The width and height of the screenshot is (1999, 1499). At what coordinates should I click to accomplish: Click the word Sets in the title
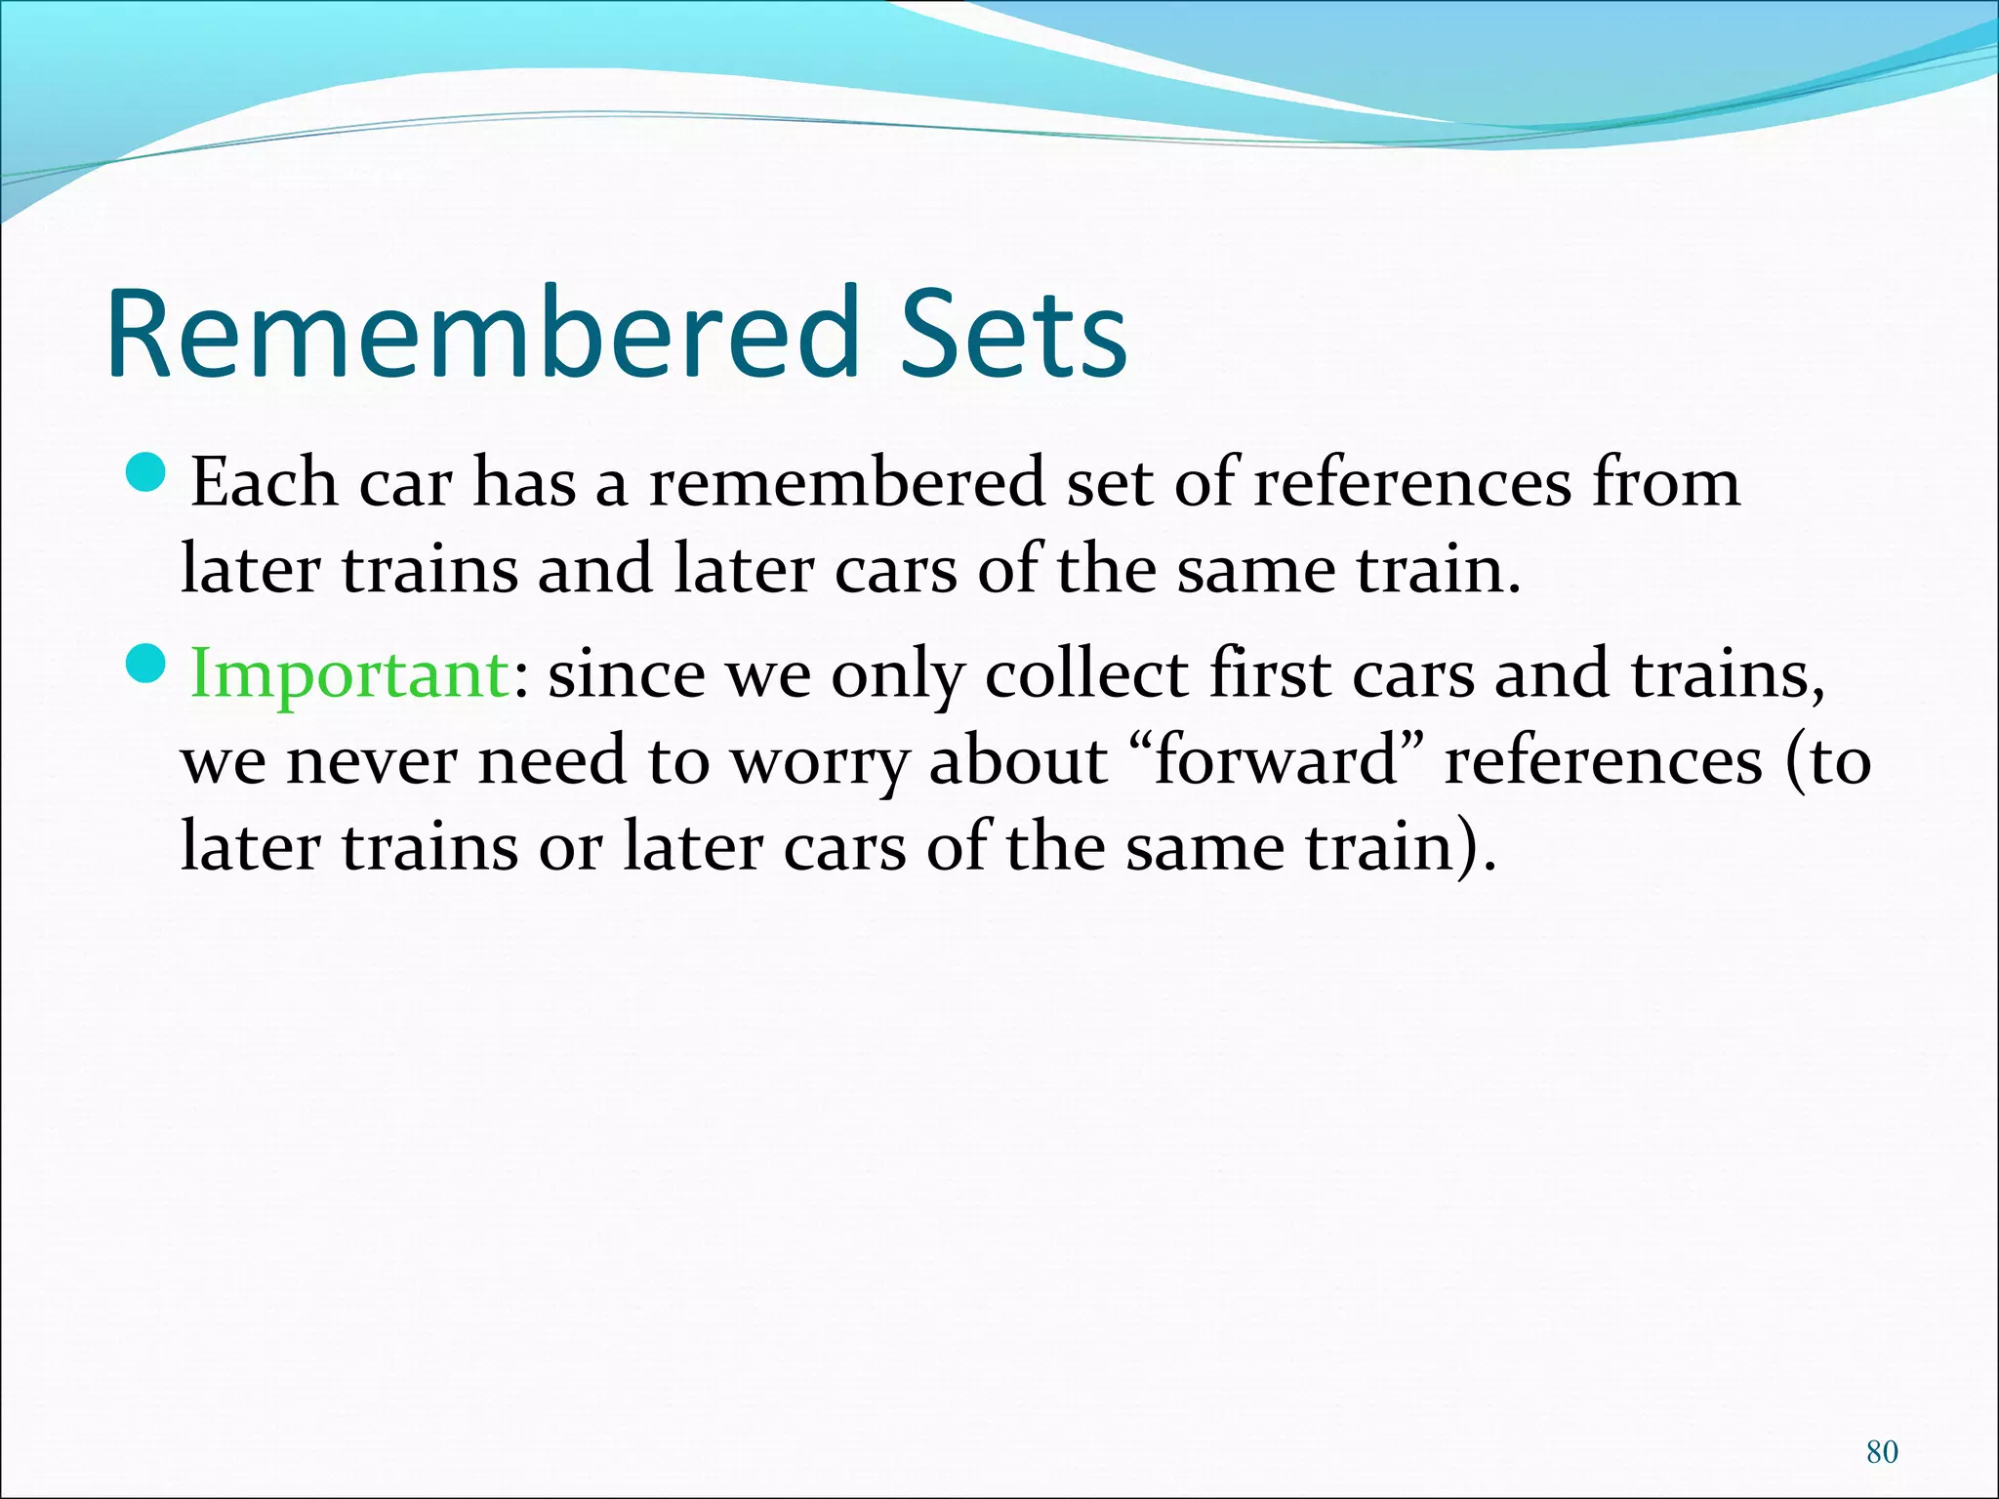click(1013, 334)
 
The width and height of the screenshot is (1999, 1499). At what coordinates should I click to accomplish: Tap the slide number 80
click(1882, 1451)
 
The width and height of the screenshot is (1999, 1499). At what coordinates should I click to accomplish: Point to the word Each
click(264, 482)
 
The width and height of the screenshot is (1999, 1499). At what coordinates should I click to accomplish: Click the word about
click(1017, 761)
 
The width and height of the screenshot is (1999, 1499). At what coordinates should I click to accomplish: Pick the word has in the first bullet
click(524, 482)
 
